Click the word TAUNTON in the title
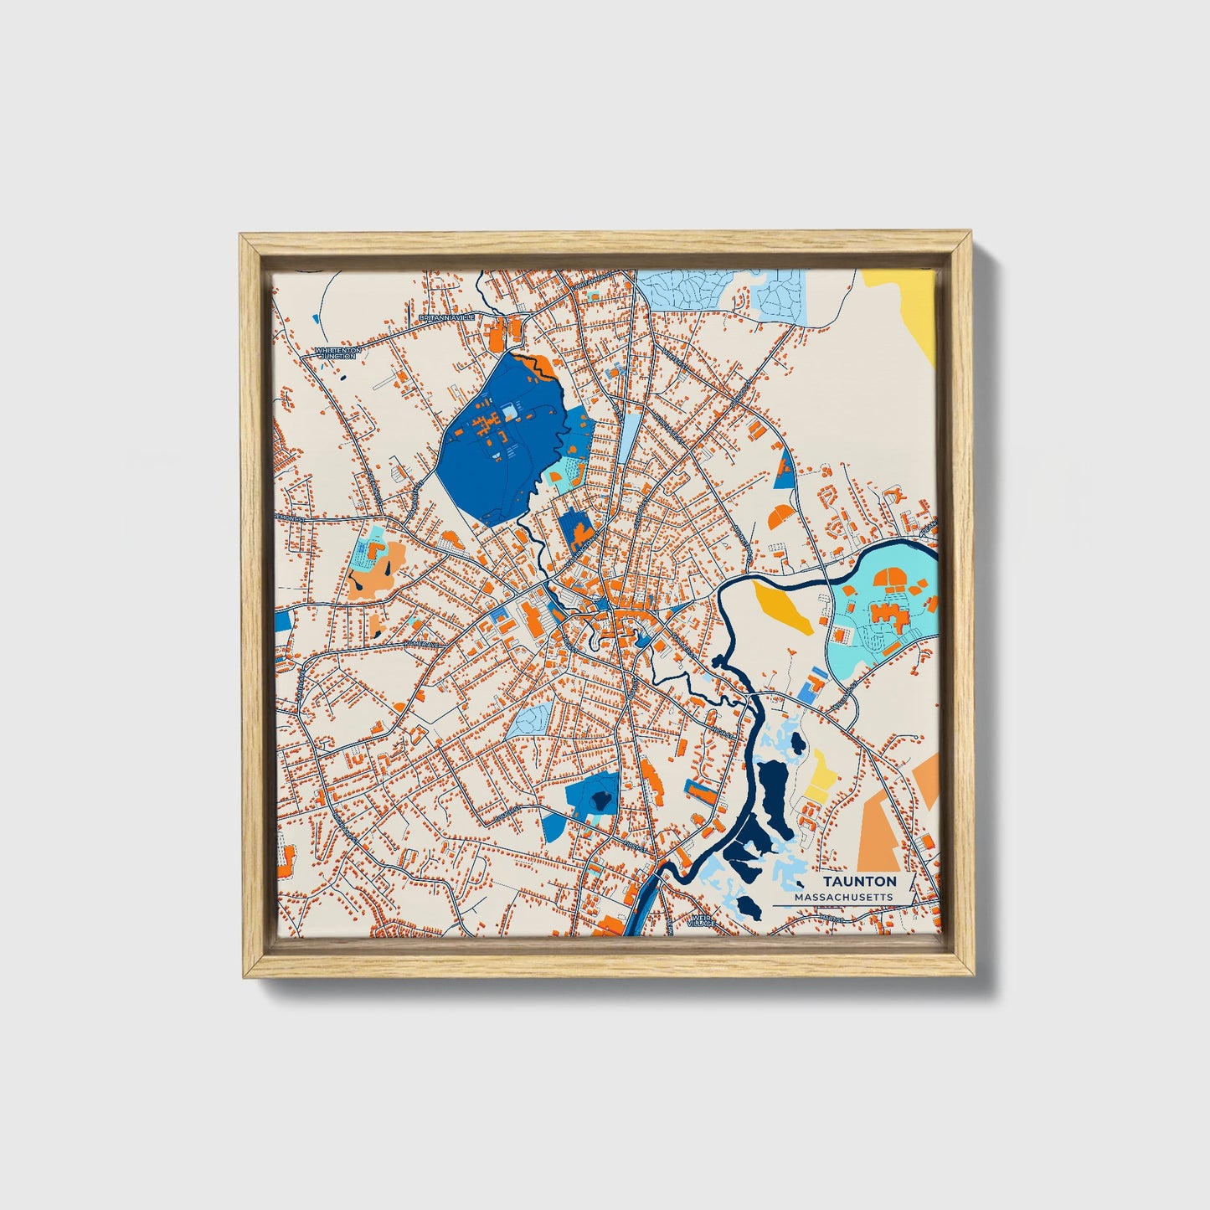pos(859,882)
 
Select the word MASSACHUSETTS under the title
pos(843,897)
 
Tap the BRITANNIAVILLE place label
pos(446,317)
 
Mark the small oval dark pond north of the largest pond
pos(797,742)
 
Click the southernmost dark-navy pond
pos(746,906)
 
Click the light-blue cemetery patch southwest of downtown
pos(531,719)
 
